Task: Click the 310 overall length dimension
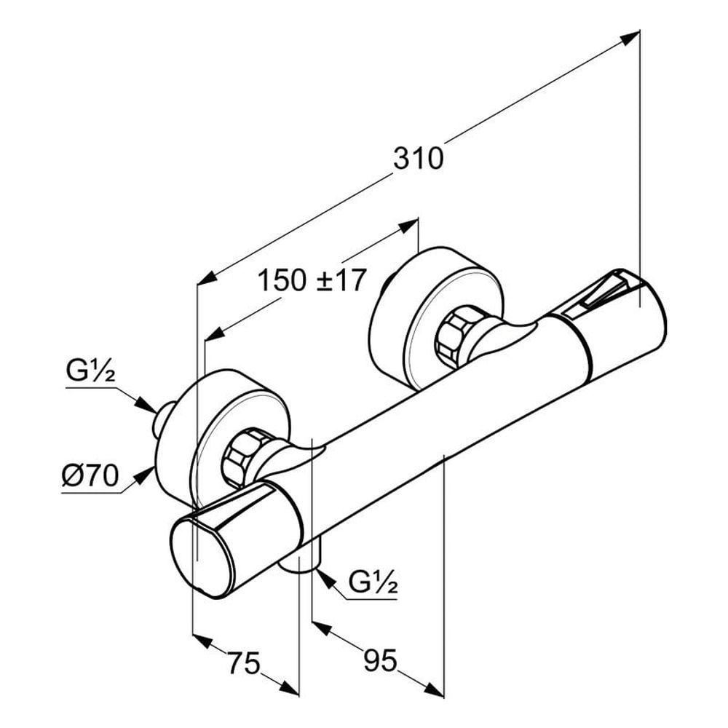pyautogui.click(x=418, y=158)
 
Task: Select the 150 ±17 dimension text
pyautogui.click(x=312, y=280)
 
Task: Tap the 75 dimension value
pyautogui.click(x=244, y=664)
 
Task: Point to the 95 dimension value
pyautogui.click(x=380, y=660)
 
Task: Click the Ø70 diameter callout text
pyautogui.click(x=91, y=478)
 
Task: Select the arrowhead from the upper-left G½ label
pyautogui.click(x=146, y=407)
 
